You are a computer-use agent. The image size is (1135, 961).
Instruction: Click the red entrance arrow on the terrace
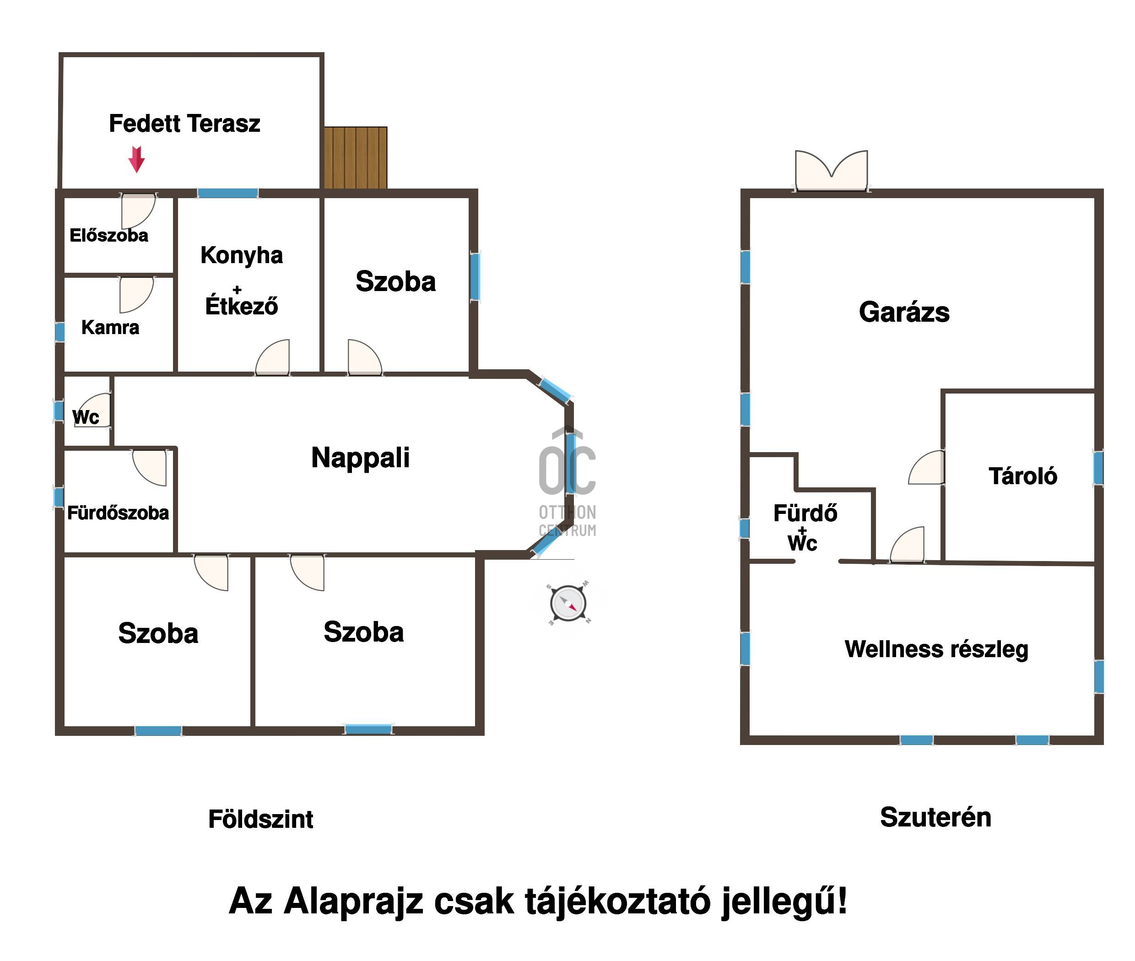[x=136, y=159]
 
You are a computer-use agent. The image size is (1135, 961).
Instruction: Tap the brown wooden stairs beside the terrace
[x=355, y=157]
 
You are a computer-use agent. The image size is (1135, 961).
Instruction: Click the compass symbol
[x=568, y=604]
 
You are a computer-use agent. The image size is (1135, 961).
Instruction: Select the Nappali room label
[x=360, y=457]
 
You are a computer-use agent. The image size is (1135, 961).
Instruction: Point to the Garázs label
[x=904, y=312]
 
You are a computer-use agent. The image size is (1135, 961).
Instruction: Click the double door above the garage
[x=831, y=171]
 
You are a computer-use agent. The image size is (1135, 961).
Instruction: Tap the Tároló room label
[x=1022, y=476]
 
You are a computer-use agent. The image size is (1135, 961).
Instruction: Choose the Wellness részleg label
[x=936, y=649]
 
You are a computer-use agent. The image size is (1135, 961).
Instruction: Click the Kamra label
[x=110, y=327]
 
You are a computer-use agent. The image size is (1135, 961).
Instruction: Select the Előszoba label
[x=109, y=235]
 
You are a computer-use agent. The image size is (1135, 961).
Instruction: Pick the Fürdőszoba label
[x=118, y=513]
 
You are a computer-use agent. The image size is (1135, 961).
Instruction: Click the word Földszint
[x=260, y=819]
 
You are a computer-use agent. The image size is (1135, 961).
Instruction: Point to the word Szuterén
[x=935, y=817]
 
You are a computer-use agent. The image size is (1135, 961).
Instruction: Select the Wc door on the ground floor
[x=94, y=410]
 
